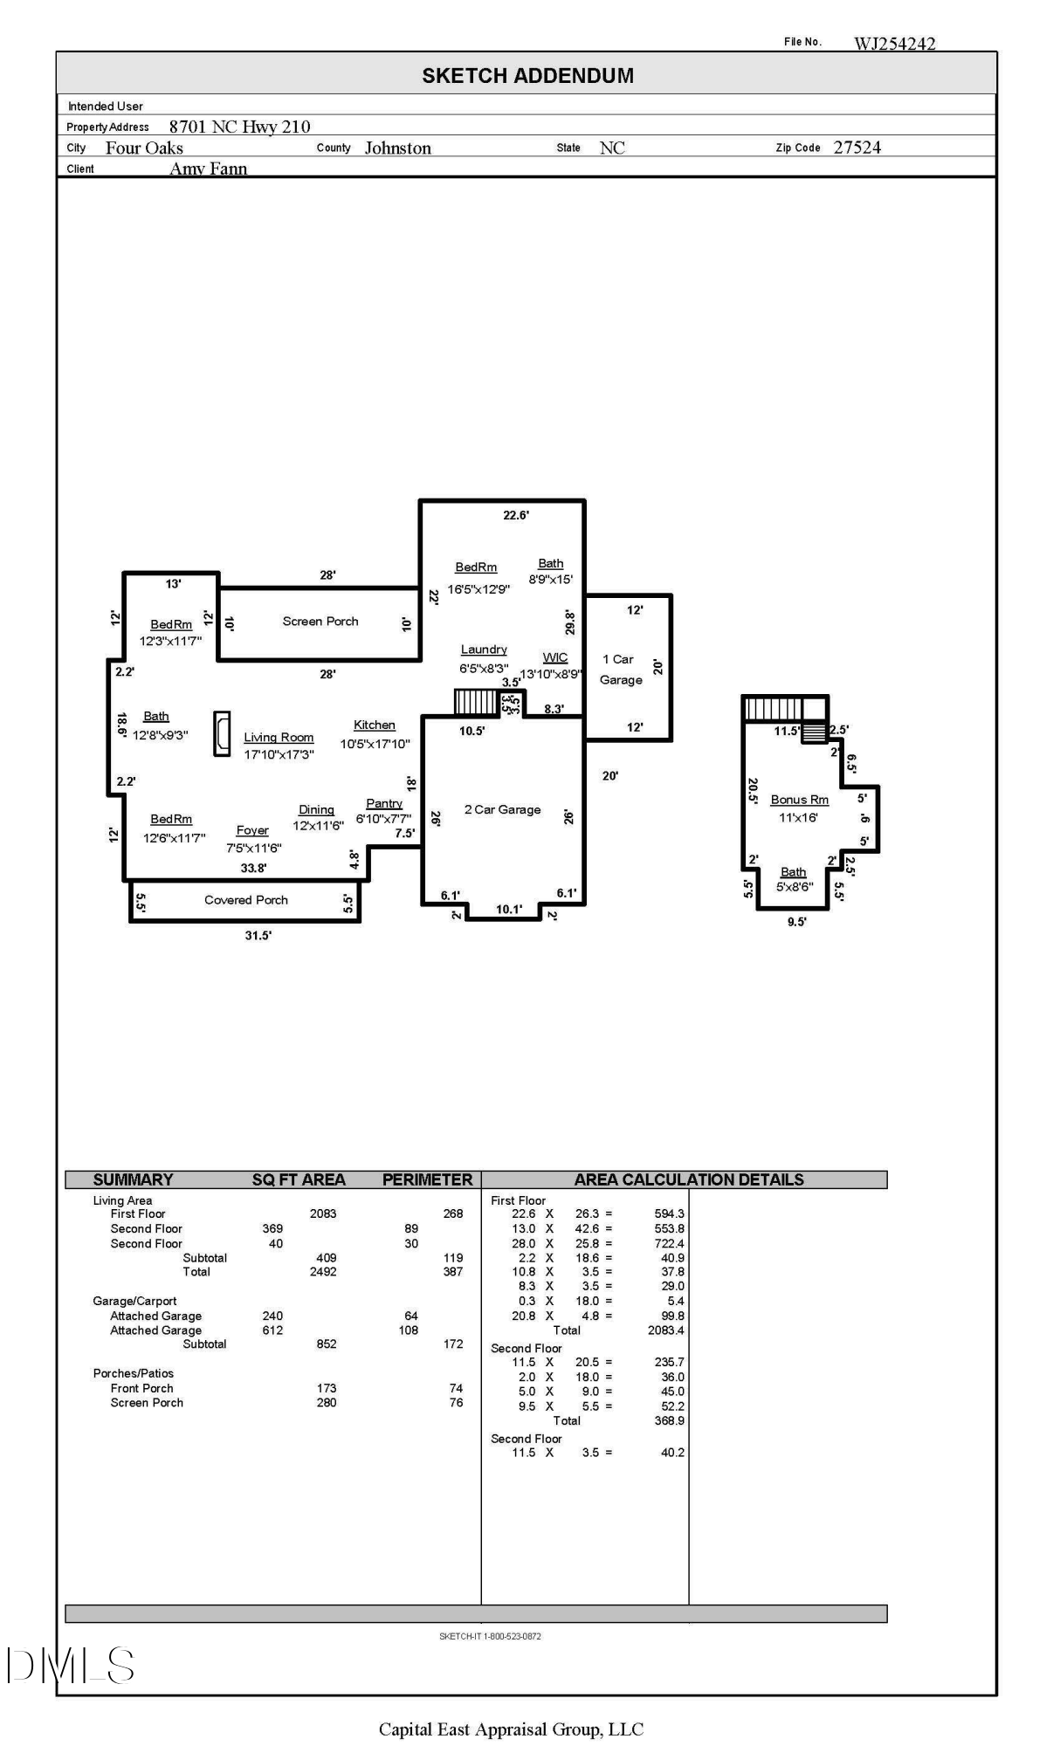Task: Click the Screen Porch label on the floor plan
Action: pos(320,622)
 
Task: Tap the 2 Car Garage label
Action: pos(502,810)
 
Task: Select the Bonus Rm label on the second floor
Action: pos(799,800)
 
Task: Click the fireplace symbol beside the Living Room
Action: pos(223,733)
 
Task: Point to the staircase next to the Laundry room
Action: pos(476,703)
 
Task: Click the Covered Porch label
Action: pos(246,900)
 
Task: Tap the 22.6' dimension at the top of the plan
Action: pos(516,515)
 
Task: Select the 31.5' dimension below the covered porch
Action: pos(258,935)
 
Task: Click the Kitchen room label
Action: pos(375,725)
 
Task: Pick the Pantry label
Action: pos(384,803)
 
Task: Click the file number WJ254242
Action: pos(894,44)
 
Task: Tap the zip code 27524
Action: pos(857,148)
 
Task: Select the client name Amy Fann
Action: pos(209,168)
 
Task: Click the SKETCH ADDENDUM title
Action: pos(527,76)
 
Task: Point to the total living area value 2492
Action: pos(323,1272)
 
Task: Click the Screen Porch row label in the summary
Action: pos(147,1403)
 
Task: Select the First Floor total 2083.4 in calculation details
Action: pos(667,1330)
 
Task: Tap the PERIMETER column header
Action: pos(427,1179)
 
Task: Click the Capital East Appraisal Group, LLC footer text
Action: pos(511,1729)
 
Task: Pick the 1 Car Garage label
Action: pos(621,670)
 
